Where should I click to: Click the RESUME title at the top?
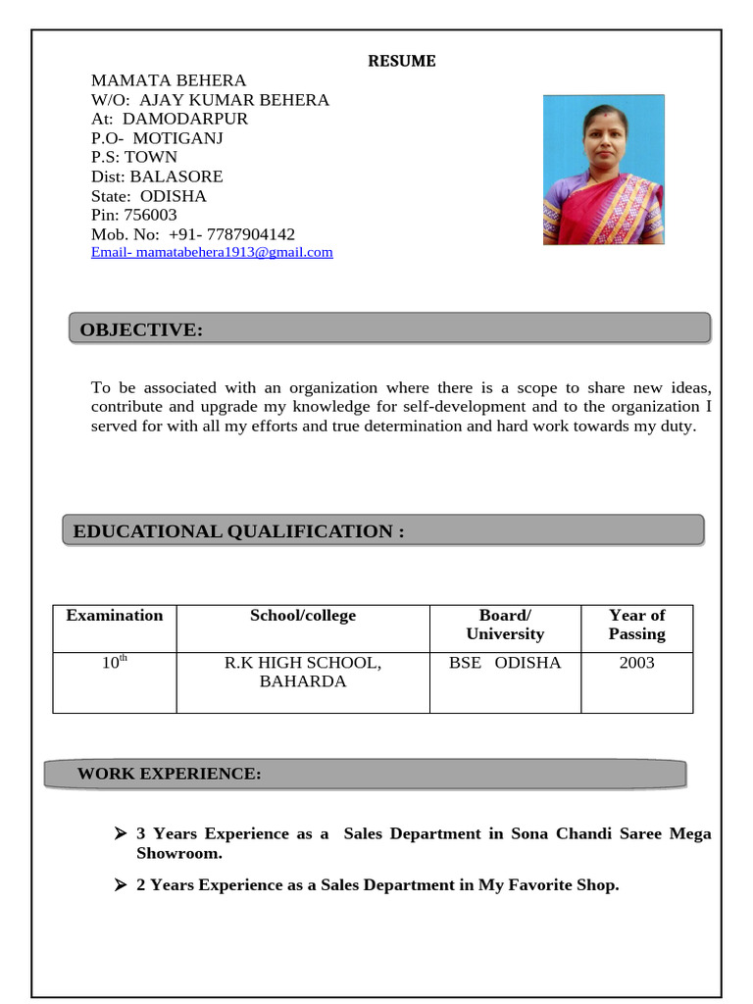[x=402, y=61]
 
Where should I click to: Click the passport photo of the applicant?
[x=603, y=170]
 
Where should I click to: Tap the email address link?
[x=212, y=252]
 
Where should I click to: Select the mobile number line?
[x=193, y=234]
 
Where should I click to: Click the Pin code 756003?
[x=150, y=215]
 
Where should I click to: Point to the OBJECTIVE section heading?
[x=141, y=330]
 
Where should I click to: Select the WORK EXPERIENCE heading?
[x=170, y=774]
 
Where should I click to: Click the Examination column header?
[x=115, y=616]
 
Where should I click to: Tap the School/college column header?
[x=303, y=616]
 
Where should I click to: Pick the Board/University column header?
[x=505, y=625]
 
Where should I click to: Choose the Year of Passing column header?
[x=636, y=625]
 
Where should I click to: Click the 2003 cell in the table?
[x=636, y=663]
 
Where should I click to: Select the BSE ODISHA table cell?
[x=505, y=663]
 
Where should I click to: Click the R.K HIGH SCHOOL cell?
[x=303, y=672]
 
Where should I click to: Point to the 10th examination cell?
[x=115, y=663]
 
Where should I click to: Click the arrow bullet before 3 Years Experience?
[x=121, y=833]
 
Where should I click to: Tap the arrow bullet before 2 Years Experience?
[x=121, y=885]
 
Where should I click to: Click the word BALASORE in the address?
[x=176, y=176]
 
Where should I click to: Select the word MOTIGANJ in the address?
[x=177, y=138]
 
